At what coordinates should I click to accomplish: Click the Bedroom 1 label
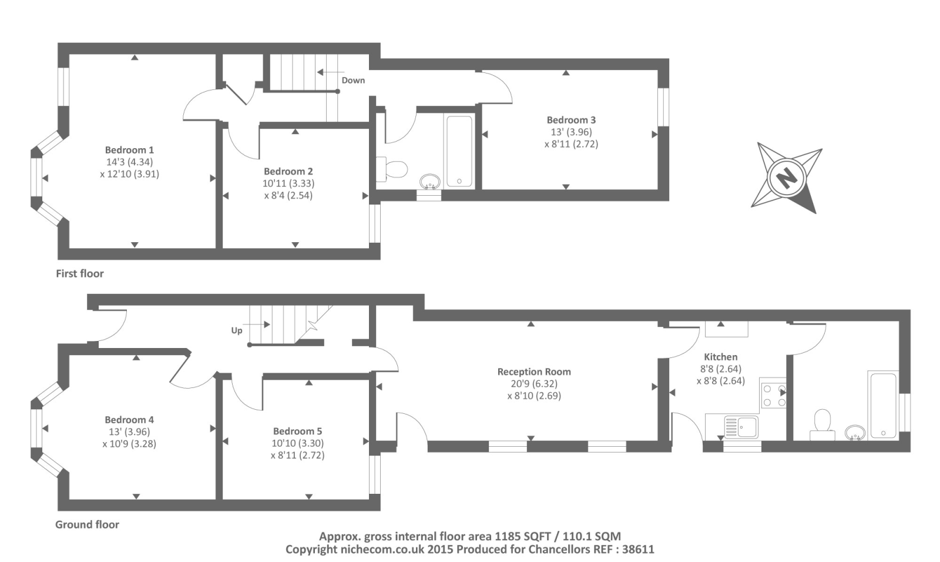[x=129, y=150]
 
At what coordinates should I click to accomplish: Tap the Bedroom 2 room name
[x=288, y=172]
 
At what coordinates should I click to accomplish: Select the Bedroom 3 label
[x=571, y=120]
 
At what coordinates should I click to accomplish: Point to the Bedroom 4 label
[x=129, y=420]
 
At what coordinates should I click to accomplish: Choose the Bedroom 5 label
[x=297, y=431]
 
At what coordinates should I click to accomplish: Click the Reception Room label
[x=534, y=372]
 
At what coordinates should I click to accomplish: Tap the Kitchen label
[x=720, y=357]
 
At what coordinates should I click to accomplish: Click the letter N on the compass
[x=786, y=179]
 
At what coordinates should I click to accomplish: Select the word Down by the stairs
[x=353, y=80]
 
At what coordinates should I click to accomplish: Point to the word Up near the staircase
[x=237, y=330]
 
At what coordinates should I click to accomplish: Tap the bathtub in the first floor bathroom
[x=459, y=150]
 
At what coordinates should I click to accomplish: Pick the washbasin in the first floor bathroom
[x=429, y=182]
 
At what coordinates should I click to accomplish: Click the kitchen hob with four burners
[x=773, y=395]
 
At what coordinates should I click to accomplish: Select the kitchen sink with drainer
[x=741, y=427]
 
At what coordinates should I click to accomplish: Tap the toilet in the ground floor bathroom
[x=822, y=424]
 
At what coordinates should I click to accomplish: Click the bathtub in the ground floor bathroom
[x=883, y=405]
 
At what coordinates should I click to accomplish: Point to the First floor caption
[x=80, y=273]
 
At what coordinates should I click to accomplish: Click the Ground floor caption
[x=88, y=524]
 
